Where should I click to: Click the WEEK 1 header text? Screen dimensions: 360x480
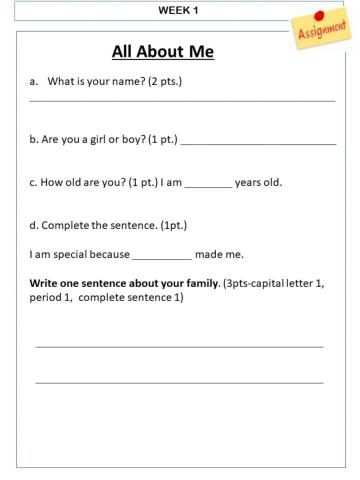[x=179, y=10]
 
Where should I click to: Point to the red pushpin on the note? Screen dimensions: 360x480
[x=319, y=17]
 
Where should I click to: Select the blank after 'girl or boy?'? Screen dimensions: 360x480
[x=258, y=144]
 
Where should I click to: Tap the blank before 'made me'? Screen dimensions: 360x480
[x=161, y=258]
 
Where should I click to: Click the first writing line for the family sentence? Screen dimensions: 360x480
[x=179, y=347]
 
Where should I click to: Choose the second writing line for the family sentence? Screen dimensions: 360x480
[x=179, y=382]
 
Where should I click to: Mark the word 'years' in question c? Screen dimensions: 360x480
[x=248, y=183]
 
